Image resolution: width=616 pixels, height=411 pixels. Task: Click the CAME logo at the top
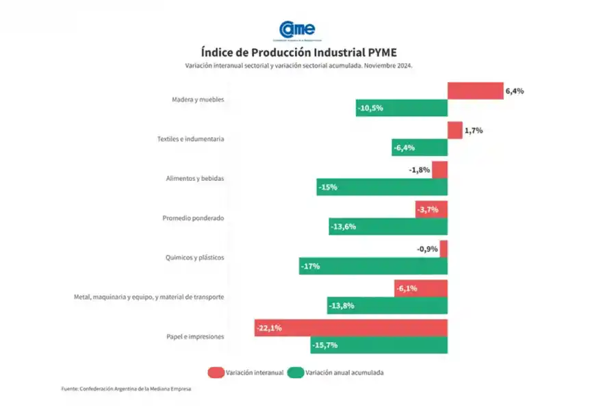point(298,30)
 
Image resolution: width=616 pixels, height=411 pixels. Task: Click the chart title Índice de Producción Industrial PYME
point(298,52)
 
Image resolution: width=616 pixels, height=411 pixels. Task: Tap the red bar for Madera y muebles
point(475,90)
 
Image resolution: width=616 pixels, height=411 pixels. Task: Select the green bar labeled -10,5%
point(401,108)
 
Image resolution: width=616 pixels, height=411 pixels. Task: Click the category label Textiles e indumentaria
point(190,139)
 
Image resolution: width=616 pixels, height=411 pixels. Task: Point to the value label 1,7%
point(474,130)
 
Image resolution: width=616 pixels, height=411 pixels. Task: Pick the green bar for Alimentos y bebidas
point(382,187)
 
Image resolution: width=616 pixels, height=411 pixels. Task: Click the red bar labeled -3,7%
point(431,209)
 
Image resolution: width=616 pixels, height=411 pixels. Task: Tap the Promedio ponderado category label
point(193,219)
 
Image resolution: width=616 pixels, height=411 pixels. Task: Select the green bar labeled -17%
point(373,266)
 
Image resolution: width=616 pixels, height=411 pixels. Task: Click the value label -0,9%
point(427,249)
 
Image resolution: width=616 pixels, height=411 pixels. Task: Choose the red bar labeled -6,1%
point(421,288)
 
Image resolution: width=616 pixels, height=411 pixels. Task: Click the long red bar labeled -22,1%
point(350,328)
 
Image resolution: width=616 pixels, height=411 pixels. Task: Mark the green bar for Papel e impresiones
point(378,345)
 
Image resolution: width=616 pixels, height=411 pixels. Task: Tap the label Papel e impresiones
point(195,337)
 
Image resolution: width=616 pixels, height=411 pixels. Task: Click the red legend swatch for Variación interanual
point(216,373)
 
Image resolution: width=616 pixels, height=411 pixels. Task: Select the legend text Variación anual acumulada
point(345,373)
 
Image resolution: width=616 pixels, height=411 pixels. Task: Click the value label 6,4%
point(515,90)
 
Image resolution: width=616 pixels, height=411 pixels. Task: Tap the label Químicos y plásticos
point(195,258)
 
